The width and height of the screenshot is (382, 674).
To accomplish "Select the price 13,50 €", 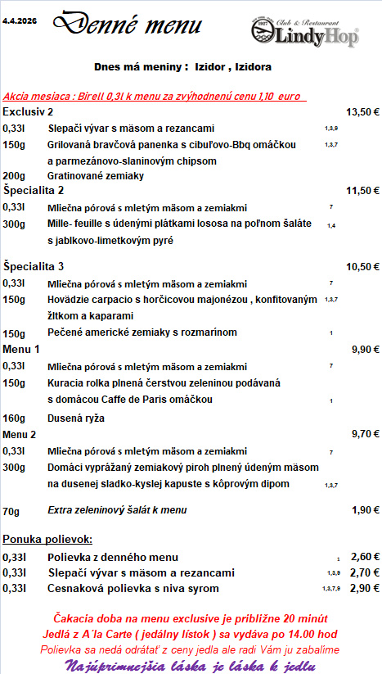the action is tap(363, 111).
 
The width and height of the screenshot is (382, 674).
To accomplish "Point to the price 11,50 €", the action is tap(363, 191).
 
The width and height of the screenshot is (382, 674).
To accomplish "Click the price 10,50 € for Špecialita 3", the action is tap(363, 266).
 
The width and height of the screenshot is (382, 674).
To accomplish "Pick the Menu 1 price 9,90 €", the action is tap(365, 349).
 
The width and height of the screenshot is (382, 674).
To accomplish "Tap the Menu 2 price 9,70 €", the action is tap(365, 434).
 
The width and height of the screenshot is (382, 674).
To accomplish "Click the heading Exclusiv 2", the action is tap(28, 111).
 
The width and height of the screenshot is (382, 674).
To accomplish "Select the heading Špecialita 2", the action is tap(33, 191).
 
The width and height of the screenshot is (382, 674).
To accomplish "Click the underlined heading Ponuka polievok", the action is tap(47, 539).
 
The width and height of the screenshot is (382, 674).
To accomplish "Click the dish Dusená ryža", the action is tap(76, 418).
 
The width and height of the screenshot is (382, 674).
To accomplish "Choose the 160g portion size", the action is tap(14, 418).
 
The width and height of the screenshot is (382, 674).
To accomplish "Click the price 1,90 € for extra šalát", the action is tap(365, 510).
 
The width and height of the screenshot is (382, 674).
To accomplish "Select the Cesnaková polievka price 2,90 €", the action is tap(365, 588).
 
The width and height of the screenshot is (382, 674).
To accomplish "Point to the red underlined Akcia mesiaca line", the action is tap(153, 95).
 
